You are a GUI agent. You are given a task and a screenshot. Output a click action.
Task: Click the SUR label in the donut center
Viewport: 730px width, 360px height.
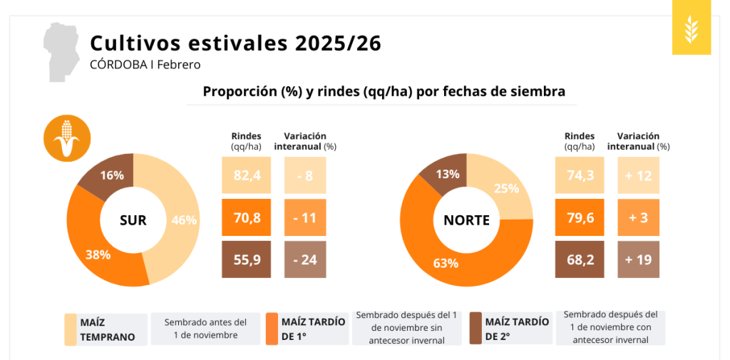tap(133, 220)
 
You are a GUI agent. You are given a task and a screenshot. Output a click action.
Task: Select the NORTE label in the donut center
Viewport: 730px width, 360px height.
tap(466, 220)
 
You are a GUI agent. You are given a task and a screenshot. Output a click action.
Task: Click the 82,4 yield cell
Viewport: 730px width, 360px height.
tap(246, 176)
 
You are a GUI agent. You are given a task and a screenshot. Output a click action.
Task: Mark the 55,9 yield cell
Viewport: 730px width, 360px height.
tap(246, 259)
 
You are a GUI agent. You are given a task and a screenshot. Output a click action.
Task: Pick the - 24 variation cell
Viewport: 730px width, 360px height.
tap(304, 259)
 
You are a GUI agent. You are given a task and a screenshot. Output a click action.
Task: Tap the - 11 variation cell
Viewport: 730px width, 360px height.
tap(304, 217)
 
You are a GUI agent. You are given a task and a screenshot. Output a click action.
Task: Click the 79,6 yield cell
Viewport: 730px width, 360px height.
tap(579, 217)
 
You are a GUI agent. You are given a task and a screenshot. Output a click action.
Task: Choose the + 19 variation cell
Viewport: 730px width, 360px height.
tap(637, 259)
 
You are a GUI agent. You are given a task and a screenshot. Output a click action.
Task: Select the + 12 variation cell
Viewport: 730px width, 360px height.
tap(637, 176)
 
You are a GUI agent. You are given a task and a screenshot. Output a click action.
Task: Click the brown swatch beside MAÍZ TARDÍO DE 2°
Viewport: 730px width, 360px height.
tap(475, 329)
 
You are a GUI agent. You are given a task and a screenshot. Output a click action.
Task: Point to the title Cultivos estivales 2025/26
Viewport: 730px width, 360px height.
tap(235, 43)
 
